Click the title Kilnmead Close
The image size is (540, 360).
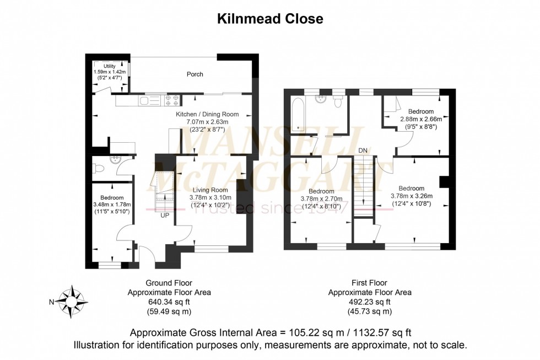point(269,19)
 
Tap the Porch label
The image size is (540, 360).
point(195,74)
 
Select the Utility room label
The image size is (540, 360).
point(109,66)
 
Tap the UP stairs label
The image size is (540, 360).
point(165,215)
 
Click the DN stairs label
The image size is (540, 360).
point(363,150)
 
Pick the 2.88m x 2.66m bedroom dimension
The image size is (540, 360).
point(420,119)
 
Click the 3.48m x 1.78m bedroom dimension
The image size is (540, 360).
point(112,205)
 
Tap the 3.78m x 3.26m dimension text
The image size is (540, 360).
point(411,196)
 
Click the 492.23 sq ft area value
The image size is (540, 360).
point(369,302)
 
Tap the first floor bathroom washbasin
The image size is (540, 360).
point(320,99)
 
